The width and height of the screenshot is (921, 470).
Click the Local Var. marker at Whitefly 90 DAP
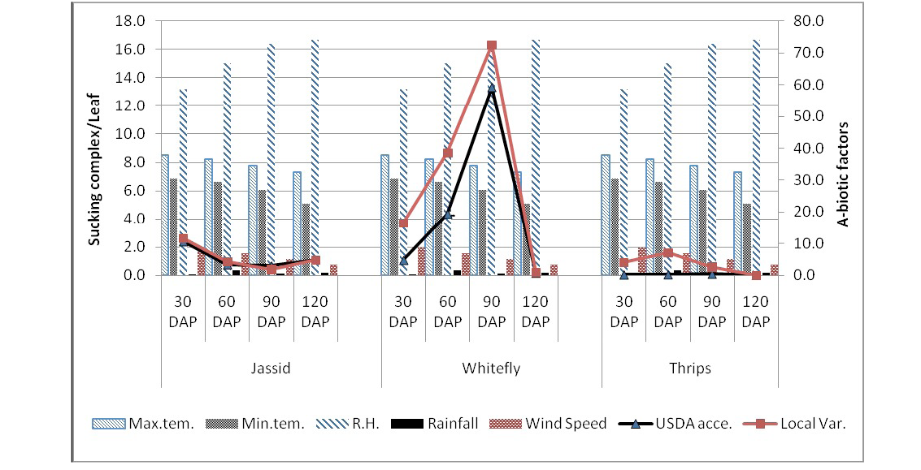[492, 45]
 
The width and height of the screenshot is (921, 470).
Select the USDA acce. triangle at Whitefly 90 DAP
[492, 88]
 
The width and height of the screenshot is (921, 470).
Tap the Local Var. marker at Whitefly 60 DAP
[448, 153]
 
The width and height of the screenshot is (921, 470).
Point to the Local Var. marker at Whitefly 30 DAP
[403, 223]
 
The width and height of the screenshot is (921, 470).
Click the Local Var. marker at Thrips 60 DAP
[668, 253]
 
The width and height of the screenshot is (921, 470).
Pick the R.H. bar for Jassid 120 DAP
[315, 157]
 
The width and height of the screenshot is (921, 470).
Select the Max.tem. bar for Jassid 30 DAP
[165, 215]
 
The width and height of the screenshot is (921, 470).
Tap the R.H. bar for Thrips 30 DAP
[623, 183]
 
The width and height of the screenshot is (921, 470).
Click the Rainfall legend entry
[435, 423]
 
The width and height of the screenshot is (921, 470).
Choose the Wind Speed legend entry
[548, 423]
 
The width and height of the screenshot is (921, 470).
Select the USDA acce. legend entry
[676, 423]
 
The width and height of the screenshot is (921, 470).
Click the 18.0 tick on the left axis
[130, 21]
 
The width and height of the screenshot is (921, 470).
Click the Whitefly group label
[491, 369]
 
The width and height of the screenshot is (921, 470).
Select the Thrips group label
[690, 369]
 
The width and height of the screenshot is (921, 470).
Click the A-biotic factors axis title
[843, 175]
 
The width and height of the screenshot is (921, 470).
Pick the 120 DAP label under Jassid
[315, 312]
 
